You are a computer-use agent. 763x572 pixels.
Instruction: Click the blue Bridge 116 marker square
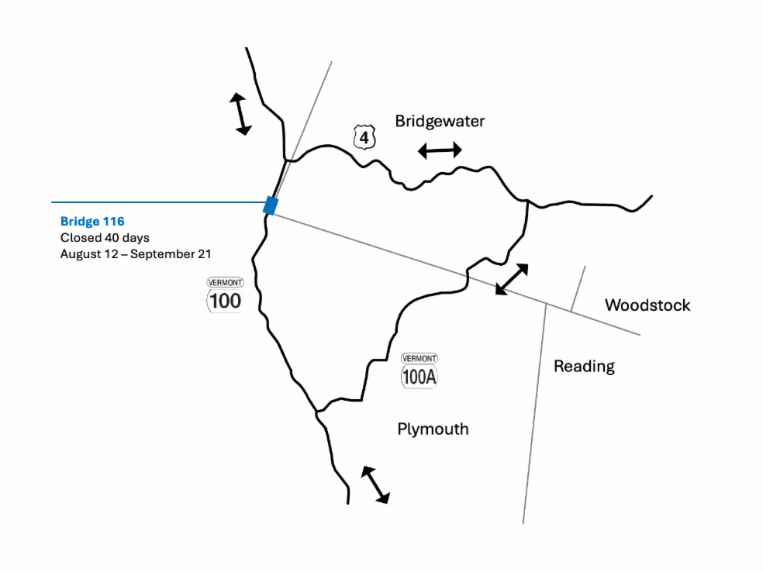(271, 205)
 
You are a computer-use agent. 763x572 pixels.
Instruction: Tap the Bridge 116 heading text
(92, 222)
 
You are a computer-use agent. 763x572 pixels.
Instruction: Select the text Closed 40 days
(105, 238)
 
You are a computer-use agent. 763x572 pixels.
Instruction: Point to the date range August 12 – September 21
(136, 254)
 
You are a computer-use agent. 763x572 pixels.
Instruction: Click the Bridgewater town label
(440, 121)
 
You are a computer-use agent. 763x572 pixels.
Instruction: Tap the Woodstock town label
(647, 305)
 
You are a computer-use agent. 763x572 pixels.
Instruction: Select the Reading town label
(585, 367)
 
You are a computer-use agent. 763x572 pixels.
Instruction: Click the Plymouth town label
(433, 429)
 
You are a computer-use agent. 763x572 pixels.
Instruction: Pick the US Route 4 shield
(364, 137)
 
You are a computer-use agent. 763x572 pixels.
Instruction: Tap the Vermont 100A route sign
(419, 370)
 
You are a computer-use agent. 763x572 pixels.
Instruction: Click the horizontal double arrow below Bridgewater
(440, 150)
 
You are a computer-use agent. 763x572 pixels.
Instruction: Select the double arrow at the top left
(240, 114)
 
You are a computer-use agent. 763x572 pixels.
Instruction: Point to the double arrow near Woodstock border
(512, 279)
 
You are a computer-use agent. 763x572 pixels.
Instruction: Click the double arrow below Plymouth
(375, 485)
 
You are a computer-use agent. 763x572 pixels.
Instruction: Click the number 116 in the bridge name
(113, 222)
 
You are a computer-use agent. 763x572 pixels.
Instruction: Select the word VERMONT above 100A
(419, 359)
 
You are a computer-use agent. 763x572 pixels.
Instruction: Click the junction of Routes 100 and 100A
(317, 412)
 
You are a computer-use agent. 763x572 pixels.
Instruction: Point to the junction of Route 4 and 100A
(527, 201)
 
